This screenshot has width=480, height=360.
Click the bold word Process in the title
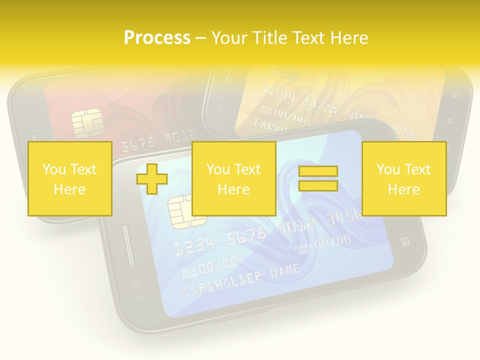coord(157,38)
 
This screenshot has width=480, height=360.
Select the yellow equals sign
coord(318,178)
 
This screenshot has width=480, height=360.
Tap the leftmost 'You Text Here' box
coord(69,178)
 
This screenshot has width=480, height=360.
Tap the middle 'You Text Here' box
coord(233,178)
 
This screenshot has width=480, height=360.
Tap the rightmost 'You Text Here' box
coord(403,178)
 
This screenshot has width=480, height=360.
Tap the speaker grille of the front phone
coord(128,245)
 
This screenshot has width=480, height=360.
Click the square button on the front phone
coord(405,242)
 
